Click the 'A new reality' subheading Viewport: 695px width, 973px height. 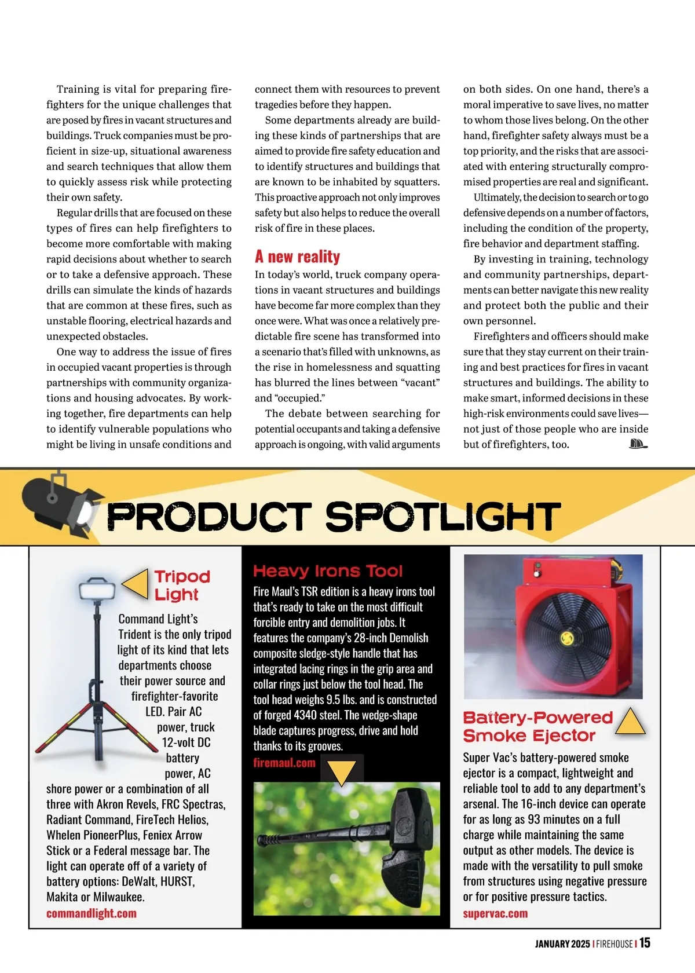coord(297,257)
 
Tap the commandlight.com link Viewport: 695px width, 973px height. coord(92,913)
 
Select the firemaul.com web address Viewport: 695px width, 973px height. coord(284,763)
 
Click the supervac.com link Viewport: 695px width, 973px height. coord(495,913)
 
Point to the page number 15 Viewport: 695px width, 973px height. coord(645,943)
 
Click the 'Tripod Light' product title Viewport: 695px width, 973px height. coord(182,585)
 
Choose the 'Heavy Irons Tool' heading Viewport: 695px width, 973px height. coord(328,571)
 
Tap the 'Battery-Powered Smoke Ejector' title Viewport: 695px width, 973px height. coord(537,726)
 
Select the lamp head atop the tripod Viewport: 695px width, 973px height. coord(97,590)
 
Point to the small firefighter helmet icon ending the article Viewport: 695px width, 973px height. coord(638,444)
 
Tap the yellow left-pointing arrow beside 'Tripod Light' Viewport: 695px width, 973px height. coord(136,583)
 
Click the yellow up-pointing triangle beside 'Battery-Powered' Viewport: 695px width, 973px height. coord(630,722)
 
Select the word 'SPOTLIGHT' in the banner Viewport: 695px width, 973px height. coord(443,516)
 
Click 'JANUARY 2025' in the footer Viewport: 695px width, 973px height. coord(562,944)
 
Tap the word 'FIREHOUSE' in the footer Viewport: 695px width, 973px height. coord(614,944)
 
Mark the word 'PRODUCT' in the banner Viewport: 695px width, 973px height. coord(210,516)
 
